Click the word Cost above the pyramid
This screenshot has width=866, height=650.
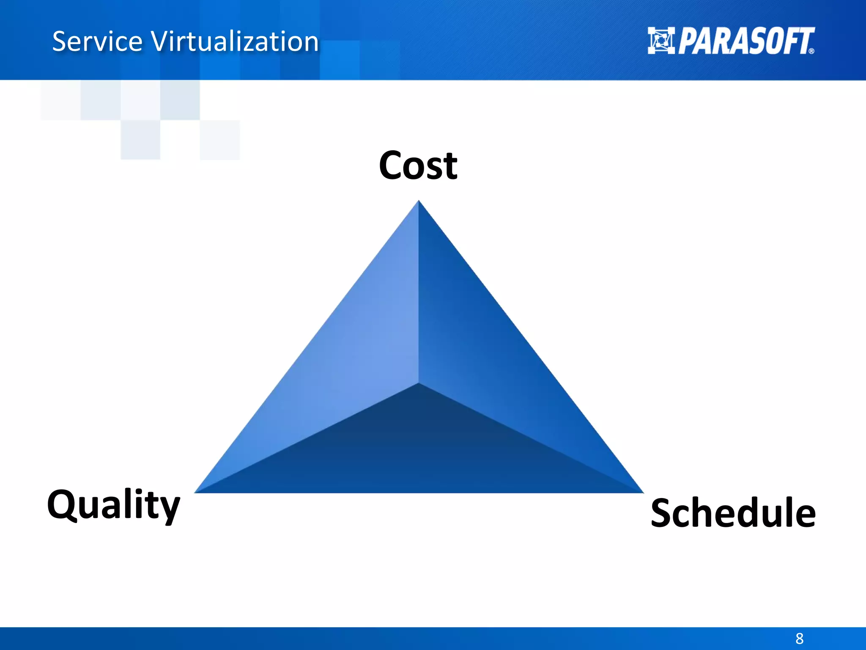point(418,166)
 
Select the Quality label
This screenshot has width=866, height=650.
point(113,505)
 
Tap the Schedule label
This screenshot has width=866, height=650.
point(733,513)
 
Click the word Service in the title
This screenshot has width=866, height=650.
point(97,41)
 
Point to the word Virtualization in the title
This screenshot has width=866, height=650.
point(235,41)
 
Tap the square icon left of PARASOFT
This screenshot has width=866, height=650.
point(661,41)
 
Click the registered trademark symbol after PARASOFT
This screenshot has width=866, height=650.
point(811,51)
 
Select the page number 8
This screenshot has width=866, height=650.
point(799,638)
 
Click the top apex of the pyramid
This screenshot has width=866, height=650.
point(419,202)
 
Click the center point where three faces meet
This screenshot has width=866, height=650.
point(419,383)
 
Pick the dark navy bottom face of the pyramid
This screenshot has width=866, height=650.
point(419,453)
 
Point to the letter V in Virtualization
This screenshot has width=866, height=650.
point(160,41)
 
